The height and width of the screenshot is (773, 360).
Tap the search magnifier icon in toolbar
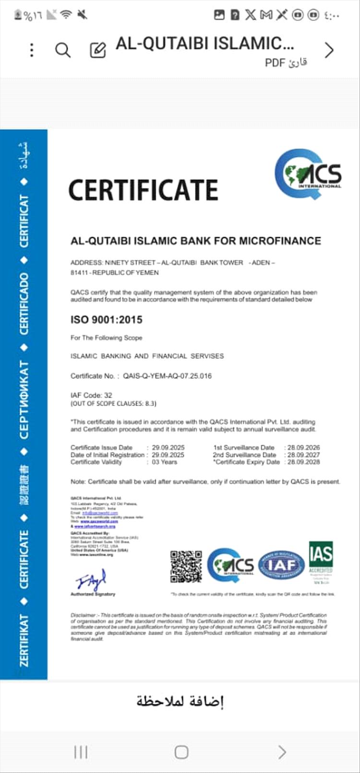click(63, 50)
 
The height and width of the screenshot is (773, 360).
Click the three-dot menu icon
click(32, 50)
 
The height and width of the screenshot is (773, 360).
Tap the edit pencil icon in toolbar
click(98, 50)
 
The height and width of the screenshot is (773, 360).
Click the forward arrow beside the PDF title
click(329, 50)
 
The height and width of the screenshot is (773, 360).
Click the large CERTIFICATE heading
click(143, 190)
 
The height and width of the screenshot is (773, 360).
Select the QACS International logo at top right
click(308, 174)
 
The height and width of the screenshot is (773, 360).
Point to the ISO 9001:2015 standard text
click(107, 320)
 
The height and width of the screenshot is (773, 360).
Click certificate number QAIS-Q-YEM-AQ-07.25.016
click(167, 376)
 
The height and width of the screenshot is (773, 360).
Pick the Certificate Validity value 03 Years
click(165, 462)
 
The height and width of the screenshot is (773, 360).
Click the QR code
click(186, 567)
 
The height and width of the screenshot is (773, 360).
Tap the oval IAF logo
click(281, 565)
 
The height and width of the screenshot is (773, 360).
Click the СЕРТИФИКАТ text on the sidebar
click(24, 399)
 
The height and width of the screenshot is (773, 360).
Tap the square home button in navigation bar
click(181, 752)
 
